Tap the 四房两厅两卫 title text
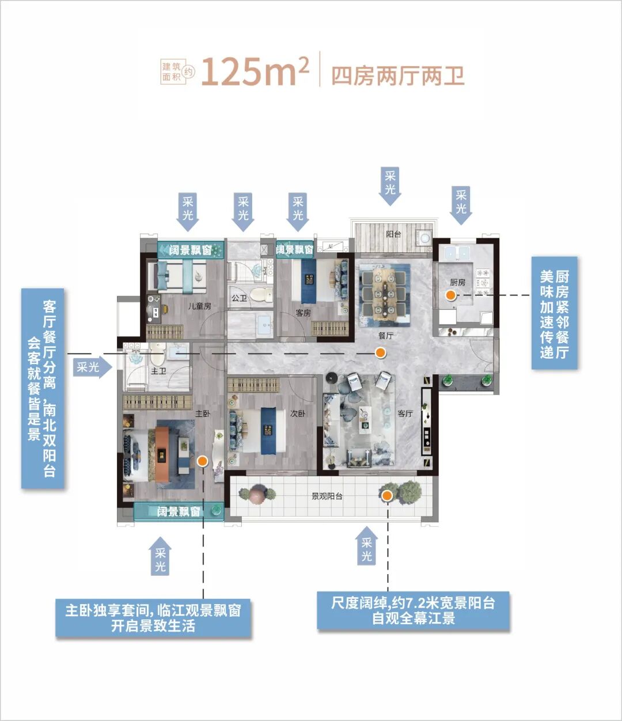click(x=397, y=75)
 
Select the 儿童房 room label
click(x=199, y=306)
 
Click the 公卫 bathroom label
click(x=239, y=298)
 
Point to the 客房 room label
click(x=303, y=313)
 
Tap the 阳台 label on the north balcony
click(x=393, y=234)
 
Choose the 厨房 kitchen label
click(x=457, y=282)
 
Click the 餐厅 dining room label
click(x=386, y=335)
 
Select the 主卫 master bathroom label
click(x=158, y=371)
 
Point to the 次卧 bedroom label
click(x=298, y=413)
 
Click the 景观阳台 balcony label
click(x=327, y=496)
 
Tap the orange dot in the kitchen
click(x=450, y=295)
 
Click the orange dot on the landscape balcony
click(x=387, y=495)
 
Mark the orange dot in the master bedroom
click(x=202, y=460)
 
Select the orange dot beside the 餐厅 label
click(x=381, y=353)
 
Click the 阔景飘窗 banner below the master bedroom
click(x=179, y=511)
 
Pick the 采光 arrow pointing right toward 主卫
click(x=92, y=367)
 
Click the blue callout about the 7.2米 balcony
click(x=414, y=611)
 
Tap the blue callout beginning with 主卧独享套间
click(x=153, y=618)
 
